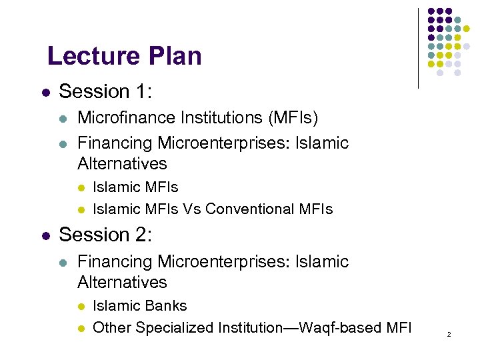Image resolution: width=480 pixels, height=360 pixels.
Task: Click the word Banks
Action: click(166, 306)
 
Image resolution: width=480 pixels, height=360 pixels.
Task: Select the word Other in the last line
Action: click(111, 327)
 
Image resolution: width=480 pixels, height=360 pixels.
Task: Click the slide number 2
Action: click(449, 333)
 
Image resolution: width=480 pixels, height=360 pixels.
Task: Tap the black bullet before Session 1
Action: click(44, 92)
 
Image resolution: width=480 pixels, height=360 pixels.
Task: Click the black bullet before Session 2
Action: click(44, 236)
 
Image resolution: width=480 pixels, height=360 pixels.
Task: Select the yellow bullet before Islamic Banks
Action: click(81, 307)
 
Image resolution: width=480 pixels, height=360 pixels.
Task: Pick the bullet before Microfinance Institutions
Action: click(63, 119)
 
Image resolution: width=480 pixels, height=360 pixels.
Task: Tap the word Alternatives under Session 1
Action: click(122, 163)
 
